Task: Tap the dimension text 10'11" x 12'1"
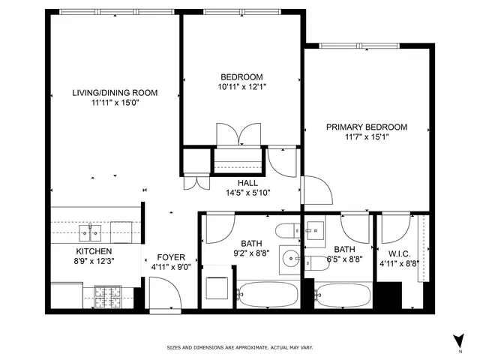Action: click(x=241, y=87)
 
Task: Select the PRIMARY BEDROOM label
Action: click(x=366, y=127)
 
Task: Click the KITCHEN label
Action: click(x=94, y=251)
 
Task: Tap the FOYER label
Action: click(x=170, y=256)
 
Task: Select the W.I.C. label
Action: click(x=394, y=254)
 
